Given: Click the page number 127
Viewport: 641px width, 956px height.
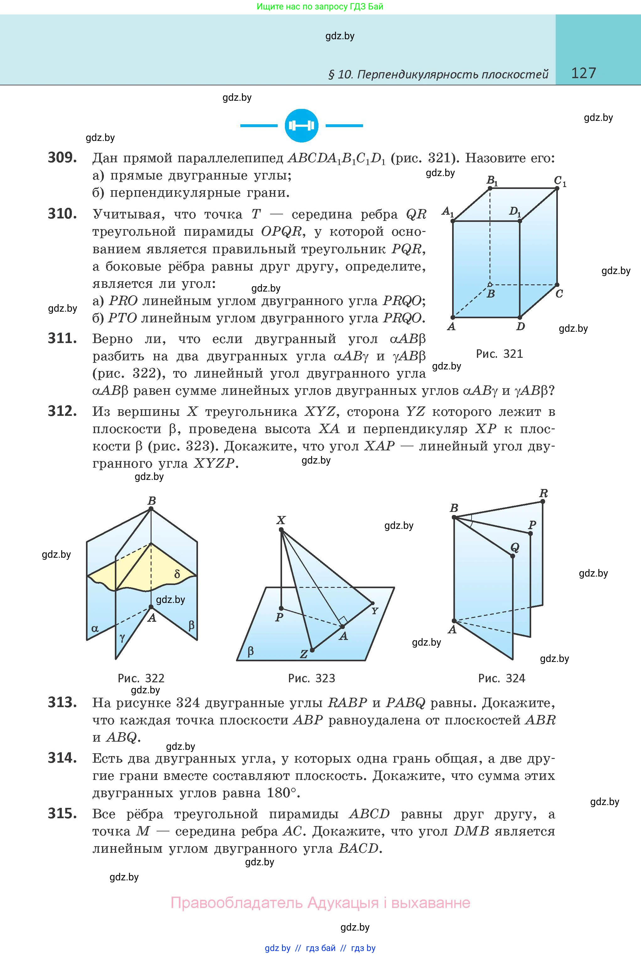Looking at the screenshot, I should [583, 73].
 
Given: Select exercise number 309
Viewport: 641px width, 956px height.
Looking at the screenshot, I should [62, 158].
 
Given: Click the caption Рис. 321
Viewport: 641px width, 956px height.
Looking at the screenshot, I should [499, 354].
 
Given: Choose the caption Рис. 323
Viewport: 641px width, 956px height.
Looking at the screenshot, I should [312, 678].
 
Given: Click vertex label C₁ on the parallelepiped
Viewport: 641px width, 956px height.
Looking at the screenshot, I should [559, 181].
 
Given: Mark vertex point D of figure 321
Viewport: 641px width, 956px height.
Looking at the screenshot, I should [520, 317].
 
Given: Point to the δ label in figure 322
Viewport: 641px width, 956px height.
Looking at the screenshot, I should [177, 574].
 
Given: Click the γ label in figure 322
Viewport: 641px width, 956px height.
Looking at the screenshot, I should [122, 636].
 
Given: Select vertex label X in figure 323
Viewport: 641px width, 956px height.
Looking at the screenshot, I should [280, 520].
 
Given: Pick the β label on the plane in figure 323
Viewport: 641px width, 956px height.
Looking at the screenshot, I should [251, 651].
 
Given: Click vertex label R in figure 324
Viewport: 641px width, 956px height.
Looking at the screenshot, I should [543, 493].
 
